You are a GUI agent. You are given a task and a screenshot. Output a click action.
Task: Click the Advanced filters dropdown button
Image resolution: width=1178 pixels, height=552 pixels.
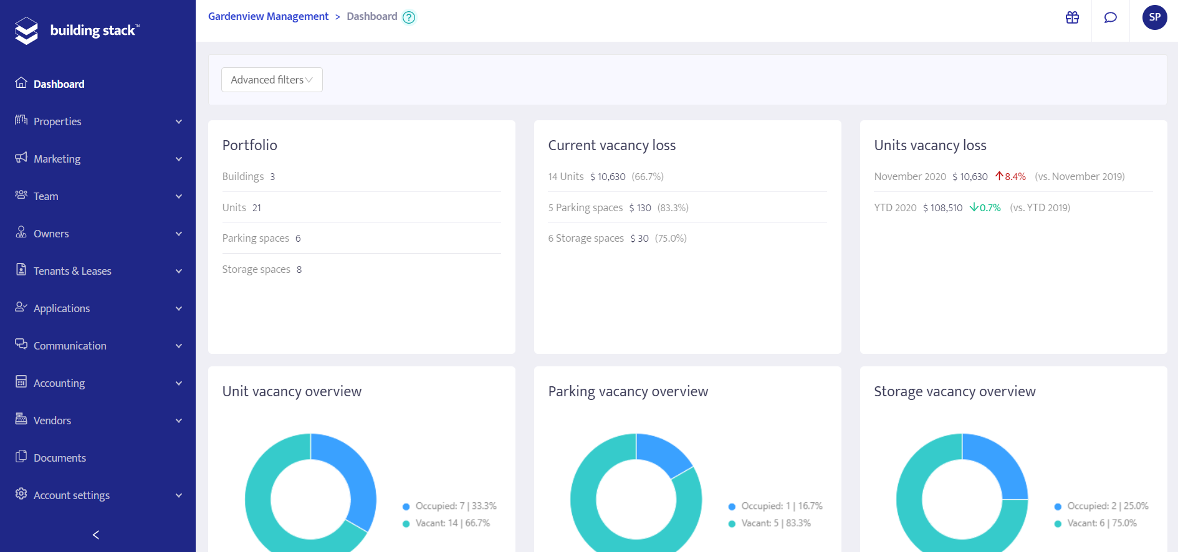pos(272,80)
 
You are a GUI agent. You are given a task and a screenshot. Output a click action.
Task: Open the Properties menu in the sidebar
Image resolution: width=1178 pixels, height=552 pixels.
pos(57,121)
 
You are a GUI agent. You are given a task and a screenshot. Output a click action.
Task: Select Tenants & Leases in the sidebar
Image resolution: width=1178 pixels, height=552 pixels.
pos(72,271)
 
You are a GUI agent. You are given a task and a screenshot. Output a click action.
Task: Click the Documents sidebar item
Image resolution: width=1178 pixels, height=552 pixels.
pos(60,458)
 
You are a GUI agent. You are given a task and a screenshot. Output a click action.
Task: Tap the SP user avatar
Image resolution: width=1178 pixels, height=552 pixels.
pos(1154,17)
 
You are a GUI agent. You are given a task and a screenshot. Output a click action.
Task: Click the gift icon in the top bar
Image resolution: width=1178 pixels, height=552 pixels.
pos(1072,17)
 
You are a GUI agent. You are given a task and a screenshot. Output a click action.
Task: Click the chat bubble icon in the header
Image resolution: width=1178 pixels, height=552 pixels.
pos(1110,17)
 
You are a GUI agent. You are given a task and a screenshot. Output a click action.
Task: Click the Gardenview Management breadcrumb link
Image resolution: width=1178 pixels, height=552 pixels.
pos(268,16)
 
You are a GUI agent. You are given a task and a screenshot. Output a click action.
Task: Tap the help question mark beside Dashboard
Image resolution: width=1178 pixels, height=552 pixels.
pos(409,17)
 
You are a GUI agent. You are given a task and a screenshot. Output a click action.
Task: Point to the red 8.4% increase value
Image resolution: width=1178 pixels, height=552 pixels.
pos(1011,176)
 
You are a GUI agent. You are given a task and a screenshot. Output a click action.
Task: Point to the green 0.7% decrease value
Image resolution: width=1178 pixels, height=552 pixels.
pos(986,207)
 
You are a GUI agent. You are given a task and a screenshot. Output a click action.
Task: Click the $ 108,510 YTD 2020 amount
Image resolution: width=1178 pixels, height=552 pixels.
pos(942,207)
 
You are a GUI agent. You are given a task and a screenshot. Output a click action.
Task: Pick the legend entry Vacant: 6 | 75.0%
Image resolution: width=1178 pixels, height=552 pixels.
pos(1101,523)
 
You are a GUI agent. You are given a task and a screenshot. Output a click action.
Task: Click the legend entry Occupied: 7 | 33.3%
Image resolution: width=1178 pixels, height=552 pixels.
pos(455,506)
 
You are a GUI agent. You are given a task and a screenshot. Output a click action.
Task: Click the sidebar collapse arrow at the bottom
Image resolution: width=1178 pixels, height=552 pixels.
pos(96,535)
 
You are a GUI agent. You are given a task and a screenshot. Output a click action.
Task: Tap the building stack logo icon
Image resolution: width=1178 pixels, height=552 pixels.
pos(26,31)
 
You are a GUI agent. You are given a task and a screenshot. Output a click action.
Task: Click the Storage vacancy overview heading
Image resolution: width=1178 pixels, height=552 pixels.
pos(954,391)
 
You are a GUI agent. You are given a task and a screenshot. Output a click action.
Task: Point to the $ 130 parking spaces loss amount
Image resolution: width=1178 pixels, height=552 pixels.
pos(640,207)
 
